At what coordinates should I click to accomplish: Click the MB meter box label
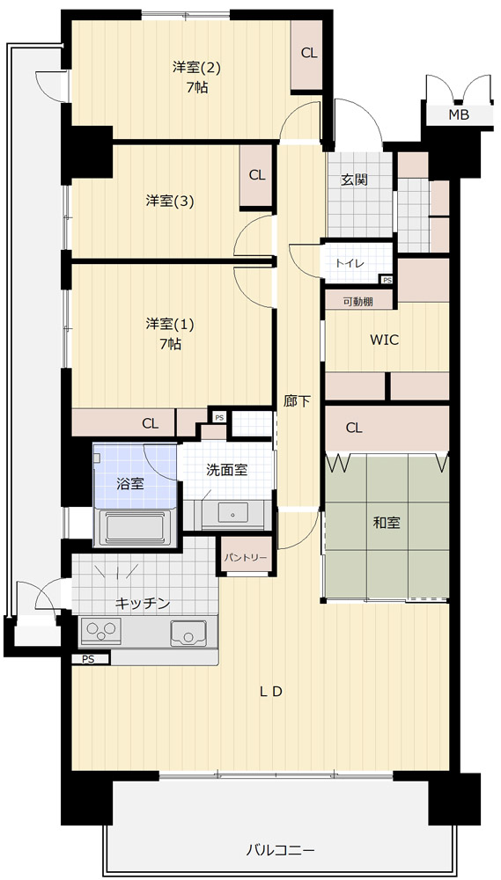coord(459,115)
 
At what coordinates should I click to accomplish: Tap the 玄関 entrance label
coord(354,180)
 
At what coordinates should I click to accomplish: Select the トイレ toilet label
coord(350,263)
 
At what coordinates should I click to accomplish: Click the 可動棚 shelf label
coord(358,301)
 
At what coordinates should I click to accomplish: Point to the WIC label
coord(384,340)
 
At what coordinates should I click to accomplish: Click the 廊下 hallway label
coord(297,402)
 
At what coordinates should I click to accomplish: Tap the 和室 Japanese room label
coord(387,523)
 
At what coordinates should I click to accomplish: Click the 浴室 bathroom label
coord(129,484)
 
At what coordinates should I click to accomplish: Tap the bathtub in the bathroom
coord(136,527)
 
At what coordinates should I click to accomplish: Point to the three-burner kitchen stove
coord(101,632)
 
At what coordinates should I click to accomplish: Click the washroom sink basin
coord(232,512)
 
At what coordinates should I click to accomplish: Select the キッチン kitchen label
coord(143,604)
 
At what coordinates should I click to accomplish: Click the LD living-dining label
coord(270,692)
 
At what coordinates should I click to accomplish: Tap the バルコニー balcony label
coord(281,850)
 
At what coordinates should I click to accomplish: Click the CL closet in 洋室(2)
coord(307,55)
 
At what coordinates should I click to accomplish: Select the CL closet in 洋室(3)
coord(257,176)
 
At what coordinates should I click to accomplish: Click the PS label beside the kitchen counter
coord(88,659)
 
